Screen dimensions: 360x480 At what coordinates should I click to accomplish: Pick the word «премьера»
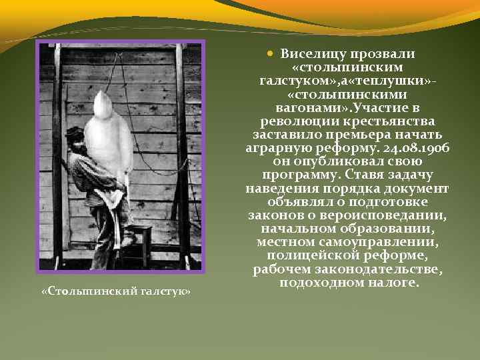coord(356,134)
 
